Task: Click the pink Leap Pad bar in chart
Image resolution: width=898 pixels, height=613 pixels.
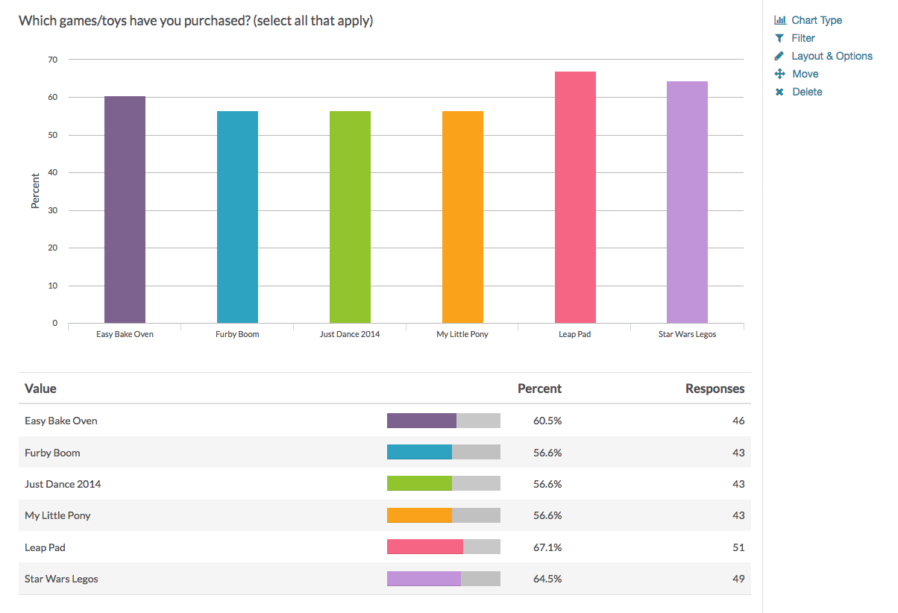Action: [575, 198]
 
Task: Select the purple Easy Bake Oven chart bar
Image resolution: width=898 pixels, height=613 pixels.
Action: [125, 210]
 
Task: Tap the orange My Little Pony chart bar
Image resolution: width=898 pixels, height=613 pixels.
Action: [462, 217]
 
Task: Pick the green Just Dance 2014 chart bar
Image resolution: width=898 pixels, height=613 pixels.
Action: [350, 217]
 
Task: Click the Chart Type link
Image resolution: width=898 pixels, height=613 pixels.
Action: [817, 20]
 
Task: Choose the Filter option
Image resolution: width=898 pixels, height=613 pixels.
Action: [803, 38]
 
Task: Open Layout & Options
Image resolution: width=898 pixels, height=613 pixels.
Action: [832, 56]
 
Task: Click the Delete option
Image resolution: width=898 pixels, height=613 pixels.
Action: [807, 92]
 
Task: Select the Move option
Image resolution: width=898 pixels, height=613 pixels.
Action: [805, 74]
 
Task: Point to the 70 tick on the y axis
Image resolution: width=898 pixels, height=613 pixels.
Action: [52, 60]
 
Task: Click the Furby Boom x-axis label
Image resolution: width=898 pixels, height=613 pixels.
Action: [237, 334]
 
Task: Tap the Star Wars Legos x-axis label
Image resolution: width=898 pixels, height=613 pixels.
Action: [687, 334]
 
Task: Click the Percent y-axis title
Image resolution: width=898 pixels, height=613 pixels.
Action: [35, 191]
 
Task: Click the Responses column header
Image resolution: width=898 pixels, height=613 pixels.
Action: [715, 389]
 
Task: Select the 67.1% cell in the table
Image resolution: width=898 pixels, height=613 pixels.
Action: [547, 547]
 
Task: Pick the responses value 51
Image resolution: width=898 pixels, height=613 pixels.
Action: [738, 547]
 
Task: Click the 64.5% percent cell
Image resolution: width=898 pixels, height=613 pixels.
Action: [547, 579]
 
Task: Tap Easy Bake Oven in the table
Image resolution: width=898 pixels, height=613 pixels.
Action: [61, 421]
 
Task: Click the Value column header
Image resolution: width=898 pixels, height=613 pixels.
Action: [40, 389]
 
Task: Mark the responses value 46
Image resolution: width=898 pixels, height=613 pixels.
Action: [738, 421]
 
